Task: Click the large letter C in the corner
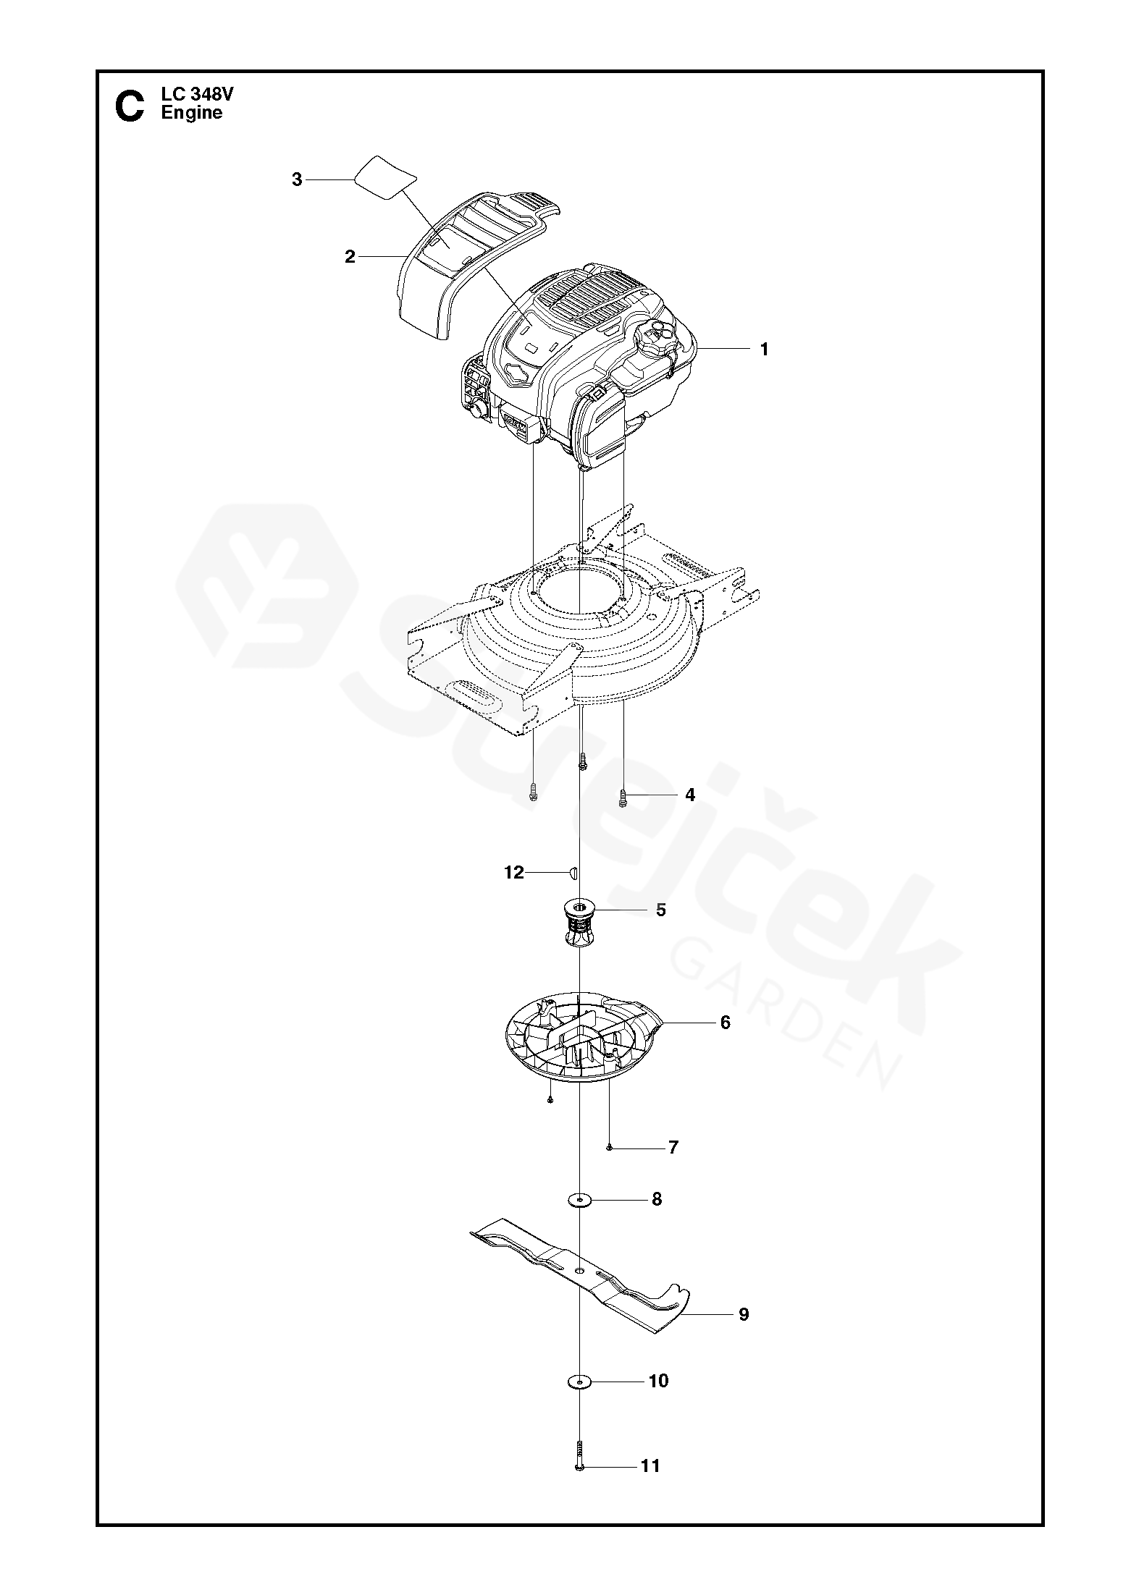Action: (130, 106)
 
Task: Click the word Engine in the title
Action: (192, 113)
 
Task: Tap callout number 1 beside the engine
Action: (763, 350)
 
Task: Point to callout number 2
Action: (350, 257)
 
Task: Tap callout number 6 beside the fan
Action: (725, 1023)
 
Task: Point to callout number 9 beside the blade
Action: (744, 1314)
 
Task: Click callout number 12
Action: (513, 873)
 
